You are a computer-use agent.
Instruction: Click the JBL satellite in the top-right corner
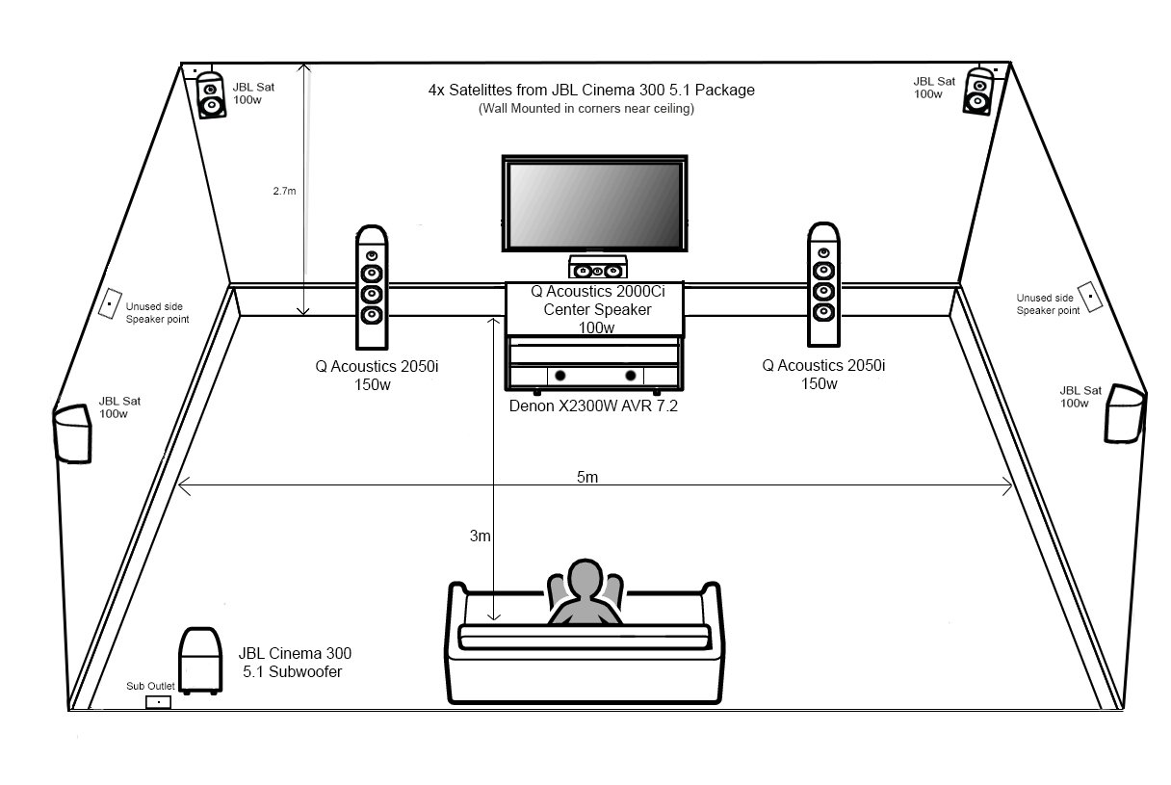click(978, 92)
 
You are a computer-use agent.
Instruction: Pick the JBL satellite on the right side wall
click(1123, 413)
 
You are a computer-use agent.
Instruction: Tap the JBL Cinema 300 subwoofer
click(198, 659)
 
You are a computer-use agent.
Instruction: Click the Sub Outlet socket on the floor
click(157, 703)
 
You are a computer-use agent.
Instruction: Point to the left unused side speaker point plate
click(111, 301)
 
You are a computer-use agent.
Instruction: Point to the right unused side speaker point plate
click(1089, 297)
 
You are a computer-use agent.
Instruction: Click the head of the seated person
click(584, 581)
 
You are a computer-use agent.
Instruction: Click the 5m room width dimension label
click(586, 479)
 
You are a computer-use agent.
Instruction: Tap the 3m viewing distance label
click(480, 536)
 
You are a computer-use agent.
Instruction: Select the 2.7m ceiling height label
click(284, 191)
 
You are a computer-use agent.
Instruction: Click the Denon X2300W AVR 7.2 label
click(594, 406)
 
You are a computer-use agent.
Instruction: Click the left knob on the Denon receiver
click(561, 376)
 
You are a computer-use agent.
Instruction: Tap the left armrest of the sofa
click(457, 597)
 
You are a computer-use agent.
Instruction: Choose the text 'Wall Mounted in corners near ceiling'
click(585, 109)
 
